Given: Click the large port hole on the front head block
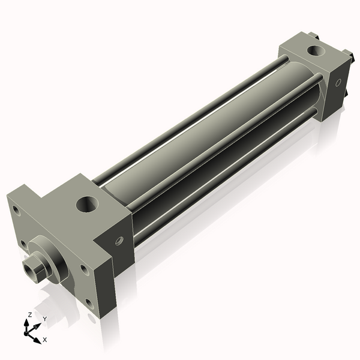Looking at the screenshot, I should coord(88,205).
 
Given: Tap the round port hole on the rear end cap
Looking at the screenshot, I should coord(313,50).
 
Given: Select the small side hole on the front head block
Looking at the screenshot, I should coord(119,241).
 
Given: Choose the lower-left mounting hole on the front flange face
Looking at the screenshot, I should coord(23,244).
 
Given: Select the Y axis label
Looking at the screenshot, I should coord(44,319).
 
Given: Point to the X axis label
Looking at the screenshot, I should coord(44,339).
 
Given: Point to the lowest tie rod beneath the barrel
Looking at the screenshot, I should coord(228,180).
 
